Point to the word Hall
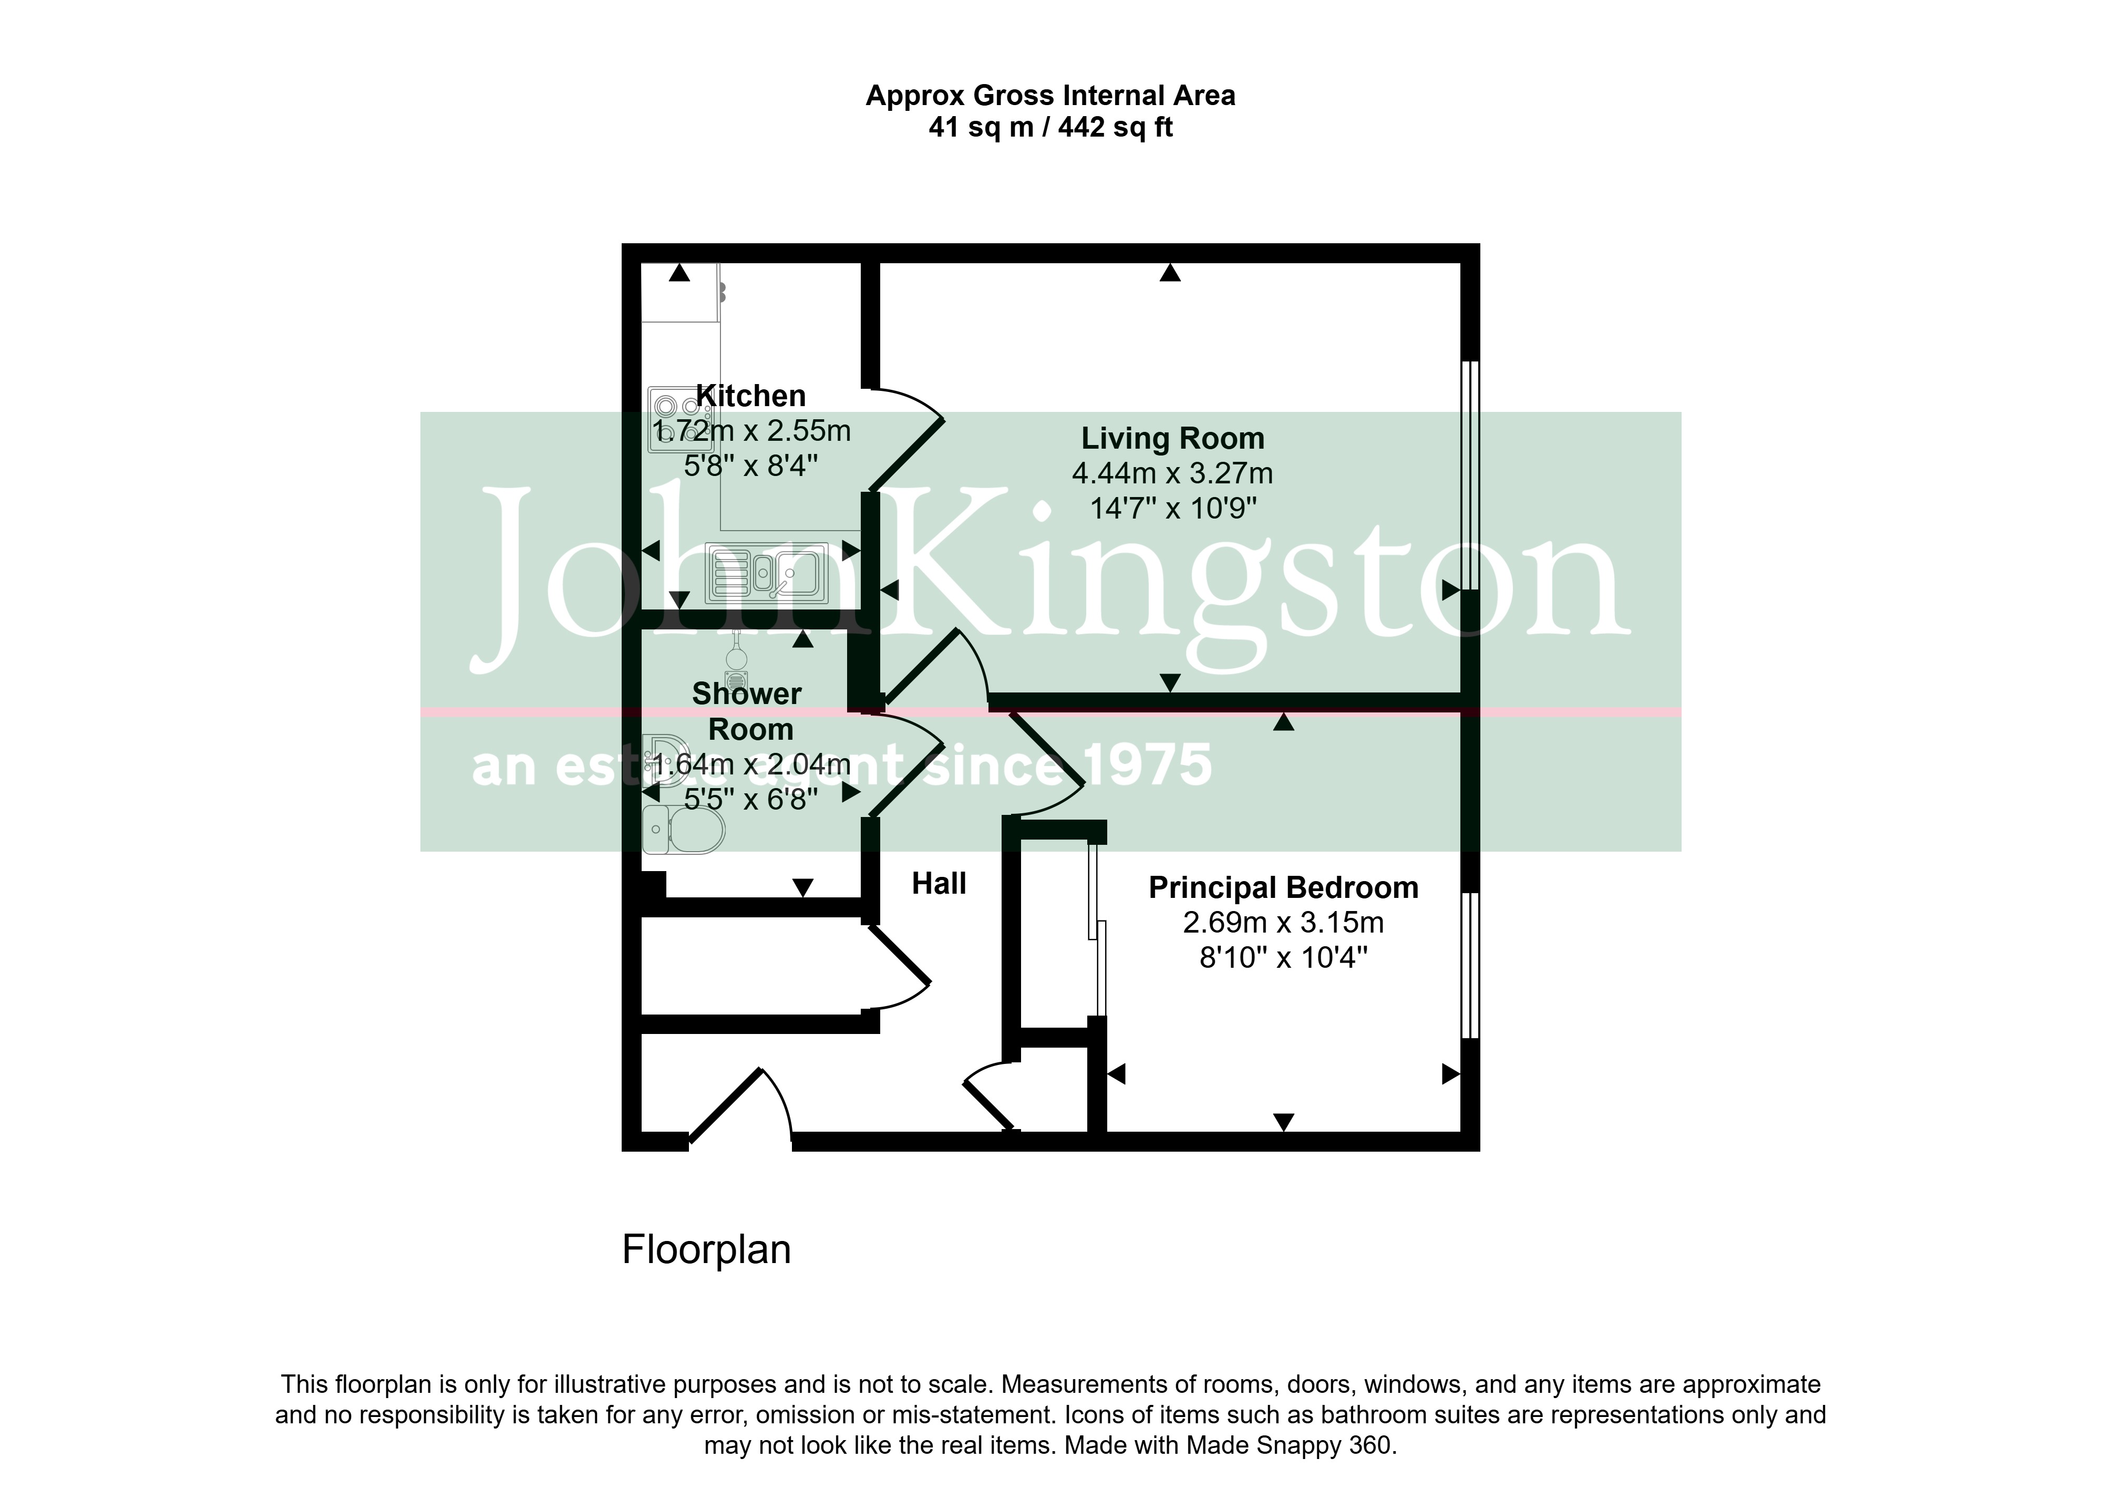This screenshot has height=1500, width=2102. coord(939,883)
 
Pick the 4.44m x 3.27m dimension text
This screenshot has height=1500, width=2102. coord(1172,473)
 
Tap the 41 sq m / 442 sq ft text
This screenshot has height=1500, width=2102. coord(1050,128)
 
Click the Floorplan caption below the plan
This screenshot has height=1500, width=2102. coord(706,1250)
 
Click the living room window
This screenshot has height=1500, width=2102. coord(1470,475)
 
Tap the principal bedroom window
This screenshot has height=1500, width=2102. coord(1470,965)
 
